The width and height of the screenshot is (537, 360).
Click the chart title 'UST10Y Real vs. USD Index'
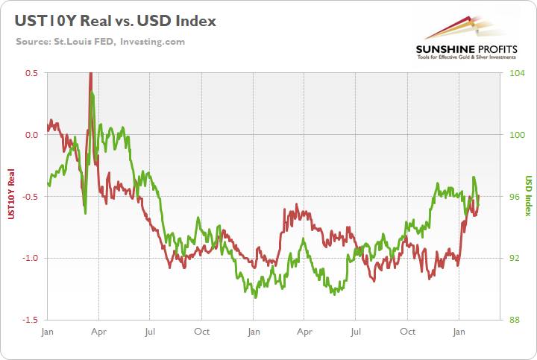(x=115, y=20)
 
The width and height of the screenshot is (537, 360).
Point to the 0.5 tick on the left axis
(x=31, y=73)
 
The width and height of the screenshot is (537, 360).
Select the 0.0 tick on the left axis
(x=31, y=135)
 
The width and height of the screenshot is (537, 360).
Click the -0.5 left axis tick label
(x=30, y=196)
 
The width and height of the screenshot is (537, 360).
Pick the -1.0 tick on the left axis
(x=30, y=258)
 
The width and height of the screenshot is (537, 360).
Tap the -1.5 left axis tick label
(x=30, y=319)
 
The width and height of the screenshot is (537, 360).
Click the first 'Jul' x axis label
(x=150, y=331)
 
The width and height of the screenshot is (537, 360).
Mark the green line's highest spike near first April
(x=91, y=92)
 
